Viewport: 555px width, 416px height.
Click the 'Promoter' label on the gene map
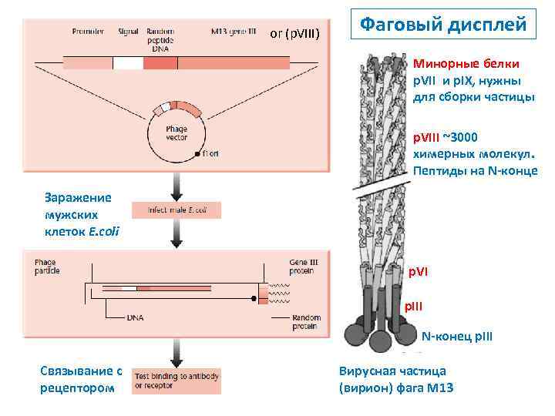(x=88, y=32)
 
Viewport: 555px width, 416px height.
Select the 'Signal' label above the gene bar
(x=128, y=32)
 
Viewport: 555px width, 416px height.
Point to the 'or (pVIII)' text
(x=299, y=33)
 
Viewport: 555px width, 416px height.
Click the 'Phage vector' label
(x=177, y=132)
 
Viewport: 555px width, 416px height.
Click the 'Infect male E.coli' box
(x=176, y=210)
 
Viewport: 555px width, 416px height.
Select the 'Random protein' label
(x=306, y=322)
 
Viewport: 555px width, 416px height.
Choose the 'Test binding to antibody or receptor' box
(x=177, y=380)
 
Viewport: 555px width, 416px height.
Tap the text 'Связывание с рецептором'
(x=80, y=379)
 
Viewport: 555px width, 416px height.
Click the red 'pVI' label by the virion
(x=421, y=272)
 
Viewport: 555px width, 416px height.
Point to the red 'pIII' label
(x=416, y=306)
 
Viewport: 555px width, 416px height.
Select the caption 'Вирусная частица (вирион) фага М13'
(x=396, y=379)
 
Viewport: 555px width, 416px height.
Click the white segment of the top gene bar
(x=128, y=64)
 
